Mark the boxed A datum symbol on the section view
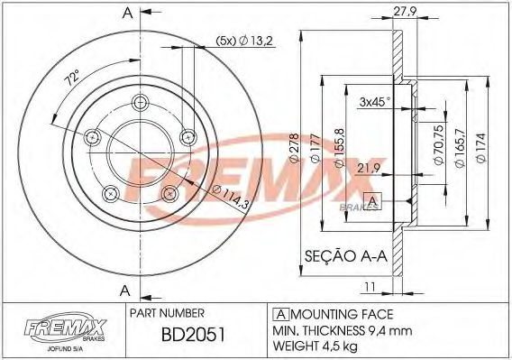(x=370, y=199)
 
